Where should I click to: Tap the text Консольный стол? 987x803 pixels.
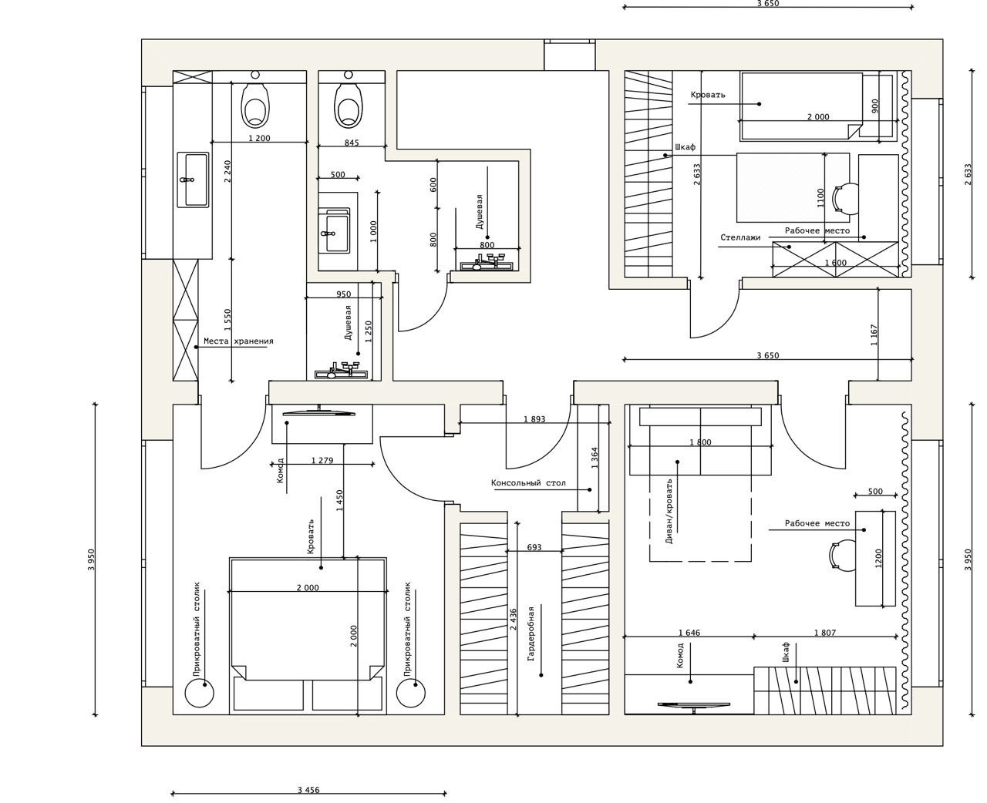click(x=528, y=483)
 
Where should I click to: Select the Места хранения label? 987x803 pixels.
click(x=238, y=341)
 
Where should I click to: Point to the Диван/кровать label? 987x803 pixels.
click(x=669, y=511)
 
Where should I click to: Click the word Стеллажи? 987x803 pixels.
click(x=740, y=237)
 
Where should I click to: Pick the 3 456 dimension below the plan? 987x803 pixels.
click(x=308, y=790)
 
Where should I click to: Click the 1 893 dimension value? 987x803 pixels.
click(x=534, y=419)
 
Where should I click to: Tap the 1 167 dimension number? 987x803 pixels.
click(x=874, y=335)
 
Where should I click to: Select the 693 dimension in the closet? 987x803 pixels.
click(x=534, y=547)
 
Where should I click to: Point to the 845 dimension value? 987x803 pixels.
click(x=352, y=143)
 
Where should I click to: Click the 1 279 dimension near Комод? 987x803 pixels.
click(x=322, y=461)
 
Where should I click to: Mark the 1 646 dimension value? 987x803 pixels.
click(x=689, y=633)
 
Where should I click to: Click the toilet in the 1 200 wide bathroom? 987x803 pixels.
click(x=256, y=106)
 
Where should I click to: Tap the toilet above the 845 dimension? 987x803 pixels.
click(x=349, y=105)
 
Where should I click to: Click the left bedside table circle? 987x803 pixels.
click(x=198, y=693)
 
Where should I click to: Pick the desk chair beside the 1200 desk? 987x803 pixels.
click(x=840, y=555)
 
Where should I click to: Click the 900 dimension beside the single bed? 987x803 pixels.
click(x=874, y=106)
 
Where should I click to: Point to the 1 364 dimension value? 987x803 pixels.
click(x=595, y=459)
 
